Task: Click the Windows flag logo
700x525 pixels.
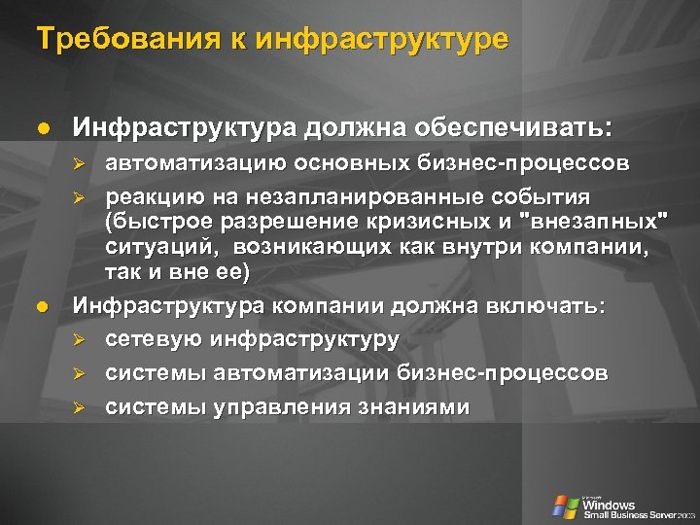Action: [565, 506]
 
